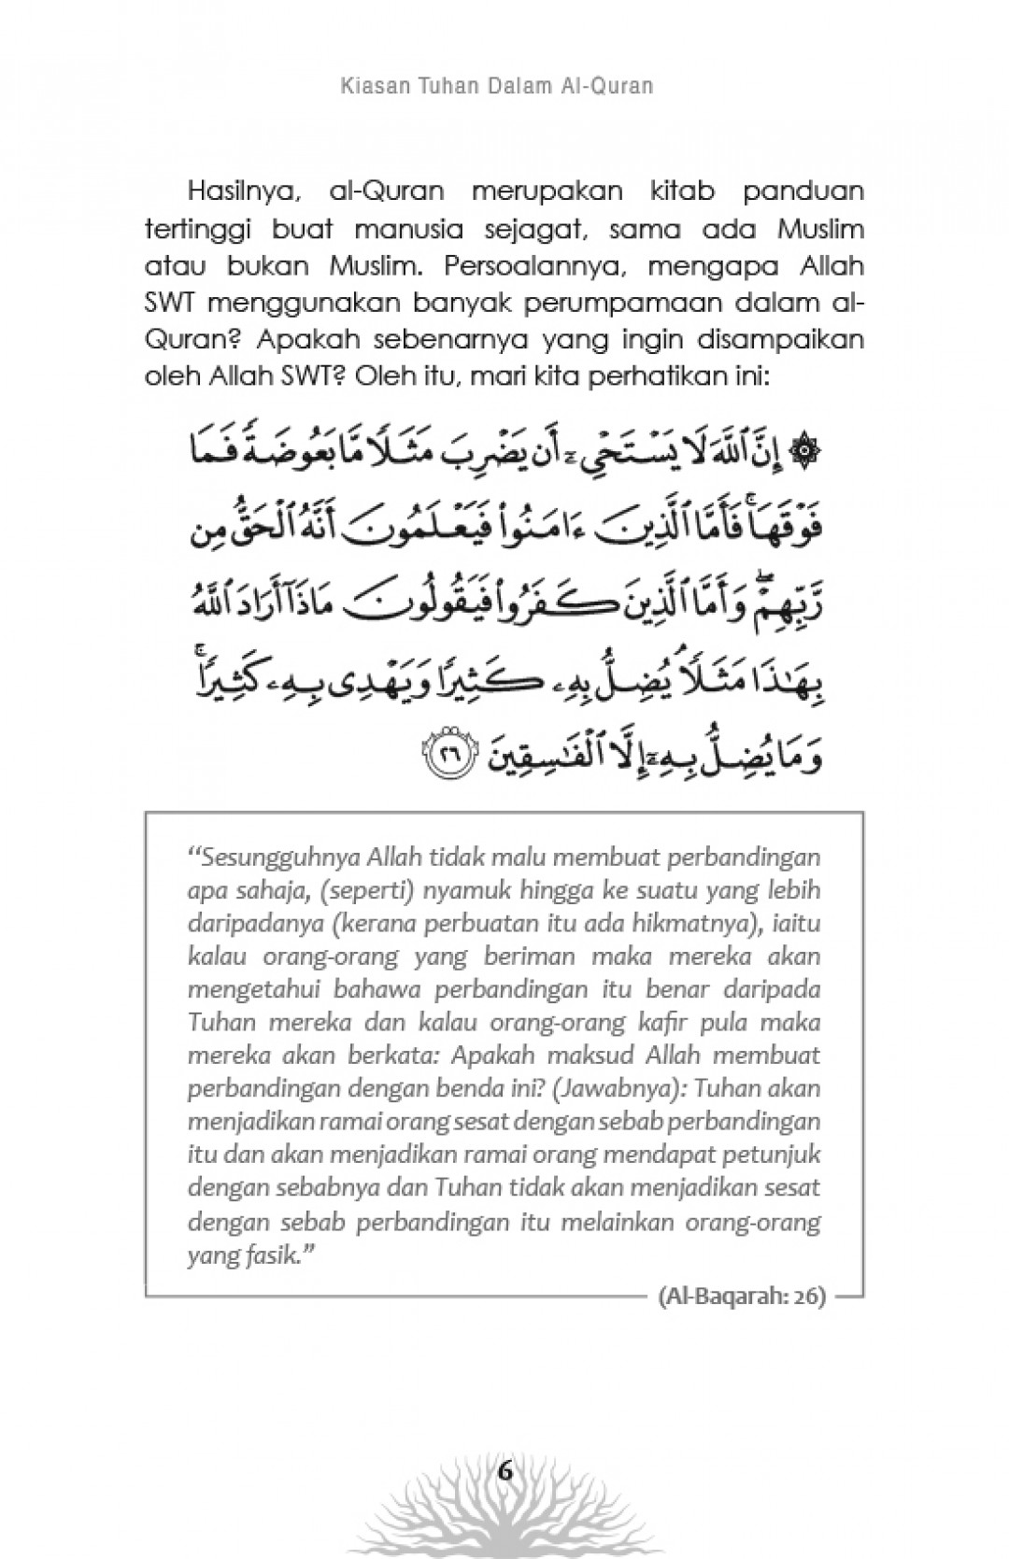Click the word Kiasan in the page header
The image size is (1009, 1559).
click(364, 87)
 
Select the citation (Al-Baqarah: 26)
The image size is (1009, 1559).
click(742, 1297)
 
